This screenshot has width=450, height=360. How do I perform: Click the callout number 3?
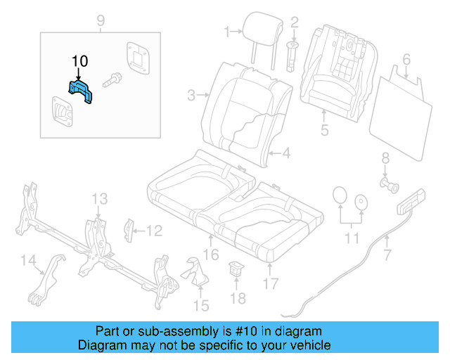click(191, 95)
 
